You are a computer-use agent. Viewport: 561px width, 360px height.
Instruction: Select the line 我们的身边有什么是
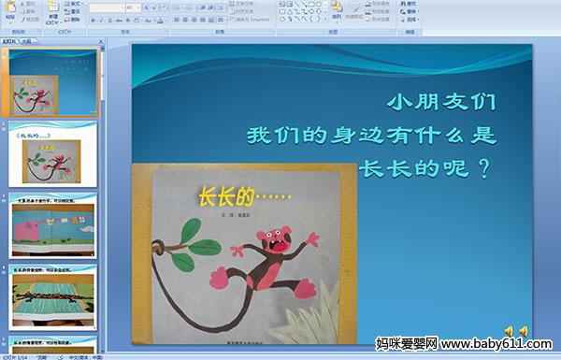tap(369, 135)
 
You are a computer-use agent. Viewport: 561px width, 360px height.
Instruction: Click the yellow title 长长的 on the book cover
tap(226, 197)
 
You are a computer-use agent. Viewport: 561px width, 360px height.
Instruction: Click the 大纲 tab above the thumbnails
tap(26, 41)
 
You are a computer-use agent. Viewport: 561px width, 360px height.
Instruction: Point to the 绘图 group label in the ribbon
tap(333, 31)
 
